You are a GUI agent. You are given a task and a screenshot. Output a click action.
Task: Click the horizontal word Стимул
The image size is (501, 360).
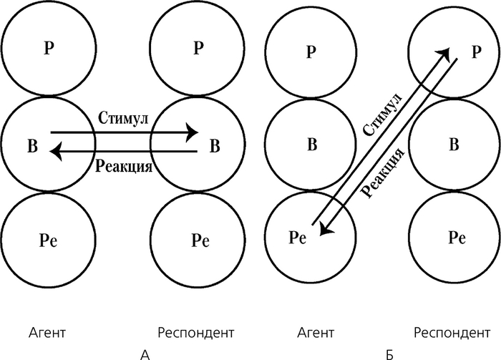point(122,118)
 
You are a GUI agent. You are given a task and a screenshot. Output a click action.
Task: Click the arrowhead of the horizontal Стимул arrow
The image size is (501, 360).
point(192,132)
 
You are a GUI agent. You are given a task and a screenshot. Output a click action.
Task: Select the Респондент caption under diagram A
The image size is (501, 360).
point(195,333)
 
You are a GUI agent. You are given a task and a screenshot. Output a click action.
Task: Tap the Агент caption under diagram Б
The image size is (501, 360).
point(315,333)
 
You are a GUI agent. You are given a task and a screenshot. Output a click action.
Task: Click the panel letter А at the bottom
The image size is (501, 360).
point(145,354)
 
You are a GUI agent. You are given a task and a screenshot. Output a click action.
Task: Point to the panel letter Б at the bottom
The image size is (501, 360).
point(389,354)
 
